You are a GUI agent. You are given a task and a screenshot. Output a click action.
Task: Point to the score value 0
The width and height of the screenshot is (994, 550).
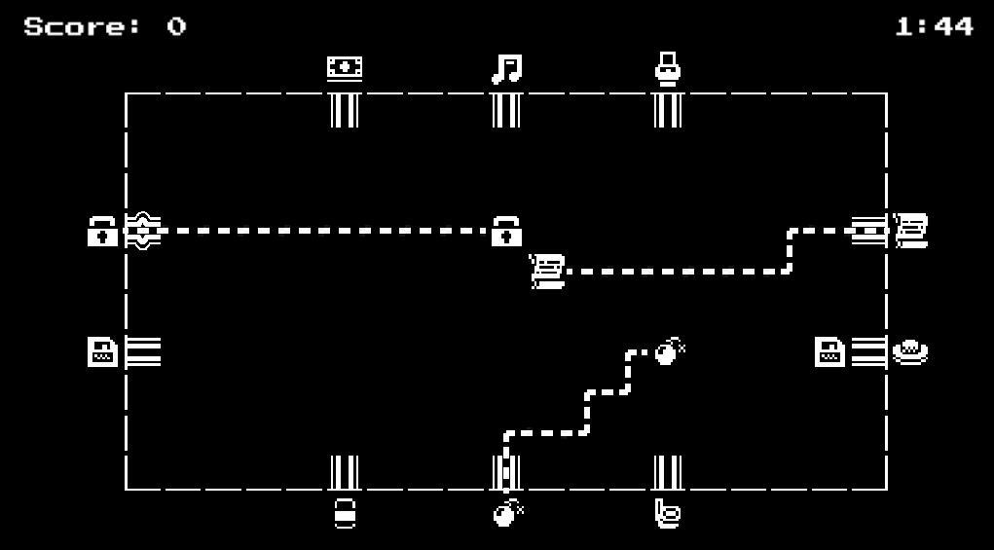point(177,26)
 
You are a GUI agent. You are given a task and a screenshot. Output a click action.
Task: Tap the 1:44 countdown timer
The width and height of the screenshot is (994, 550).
point(934,26)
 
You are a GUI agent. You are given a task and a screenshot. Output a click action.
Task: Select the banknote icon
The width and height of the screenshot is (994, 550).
point(345,68)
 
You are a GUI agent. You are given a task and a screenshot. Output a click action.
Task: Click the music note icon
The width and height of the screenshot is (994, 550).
point(506,68)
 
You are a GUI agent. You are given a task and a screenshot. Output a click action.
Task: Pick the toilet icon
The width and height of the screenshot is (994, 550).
point(668,68)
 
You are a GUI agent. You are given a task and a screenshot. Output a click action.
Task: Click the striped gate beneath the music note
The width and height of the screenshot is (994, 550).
point(506,110)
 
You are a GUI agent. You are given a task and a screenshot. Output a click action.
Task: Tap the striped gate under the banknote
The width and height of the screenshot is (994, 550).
point(345,110)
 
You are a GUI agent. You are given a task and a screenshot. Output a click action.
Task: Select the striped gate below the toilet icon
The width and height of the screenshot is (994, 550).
point(668,110)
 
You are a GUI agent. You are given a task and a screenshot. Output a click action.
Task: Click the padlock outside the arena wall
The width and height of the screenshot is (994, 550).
point(102,232)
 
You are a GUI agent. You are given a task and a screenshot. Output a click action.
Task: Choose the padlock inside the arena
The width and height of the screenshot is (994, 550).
point(506,232)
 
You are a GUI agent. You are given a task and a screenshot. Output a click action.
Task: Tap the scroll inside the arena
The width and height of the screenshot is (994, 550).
point(547,272)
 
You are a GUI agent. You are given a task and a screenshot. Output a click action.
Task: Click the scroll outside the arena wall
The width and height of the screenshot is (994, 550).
point(910,231)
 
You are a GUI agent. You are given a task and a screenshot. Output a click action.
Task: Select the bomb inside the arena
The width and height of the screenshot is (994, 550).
point(670,351)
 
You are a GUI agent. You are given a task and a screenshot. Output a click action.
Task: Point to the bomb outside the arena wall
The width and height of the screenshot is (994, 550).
point(508,513)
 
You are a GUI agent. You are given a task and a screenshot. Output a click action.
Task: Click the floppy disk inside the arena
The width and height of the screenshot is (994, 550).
point(829,352)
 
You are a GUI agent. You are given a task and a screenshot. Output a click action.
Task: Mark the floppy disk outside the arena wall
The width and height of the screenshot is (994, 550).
point(102,352)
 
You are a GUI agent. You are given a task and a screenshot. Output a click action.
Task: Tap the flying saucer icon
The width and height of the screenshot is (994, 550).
point(910,352)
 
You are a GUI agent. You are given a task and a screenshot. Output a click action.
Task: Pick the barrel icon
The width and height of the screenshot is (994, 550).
point(345,513)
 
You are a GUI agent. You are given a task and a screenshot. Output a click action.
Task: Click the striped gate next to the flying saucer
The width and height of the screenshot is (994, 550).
point(869,352)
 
